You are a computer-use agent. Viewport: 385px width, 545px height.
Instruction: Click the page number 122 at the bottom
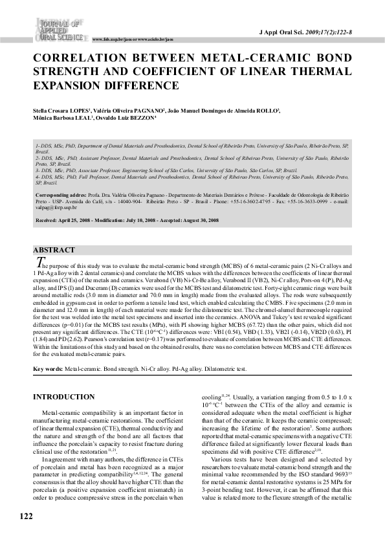tap(26, 515)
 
